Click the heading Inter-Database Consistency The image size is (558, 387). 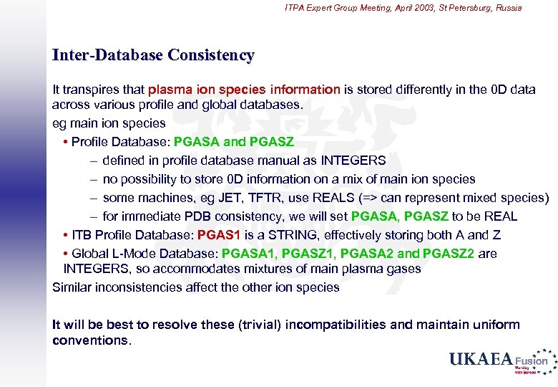[x=153, y=55]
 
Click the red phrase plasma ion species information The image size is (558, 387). [x=244, y=90]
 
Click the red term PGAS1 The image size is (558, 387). [x=219, y=235]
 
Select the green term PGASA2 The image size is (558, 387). [x=367, y=254]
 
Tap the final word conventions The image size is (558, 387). [x=92, y=340]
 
